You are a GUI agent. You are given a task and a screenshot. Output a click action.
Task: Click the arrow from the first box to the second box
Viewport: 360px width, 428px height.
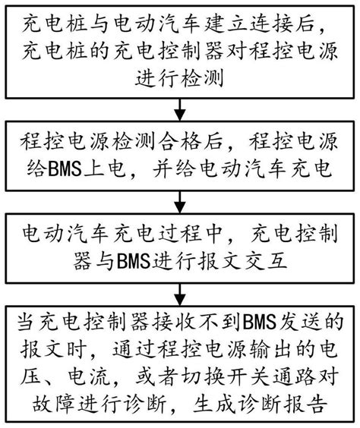click(179, 115)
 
